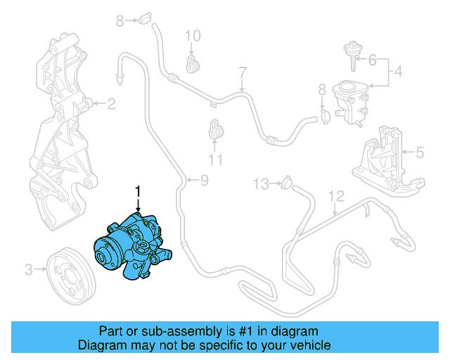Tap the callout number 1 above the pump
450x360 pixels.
[x=139, y=191]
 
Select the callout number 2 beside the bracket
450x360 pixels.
[x=110, y=105]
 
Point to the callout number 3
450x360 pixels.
[x=29, y=268]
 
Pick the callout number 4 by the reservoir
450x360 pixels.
[x=398, y=71]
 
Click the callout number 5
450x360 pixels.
[x=420, y=150]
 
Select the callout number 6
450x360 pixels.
[x=373, y=60]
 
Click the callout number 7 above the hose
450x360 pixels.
[x=243, y=72]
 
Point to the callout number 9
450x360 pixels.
[x=204, y=181]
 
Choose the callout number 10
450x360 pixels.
[x=193, y=35]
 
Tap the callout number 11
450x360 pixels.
[x=215, y=160]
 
